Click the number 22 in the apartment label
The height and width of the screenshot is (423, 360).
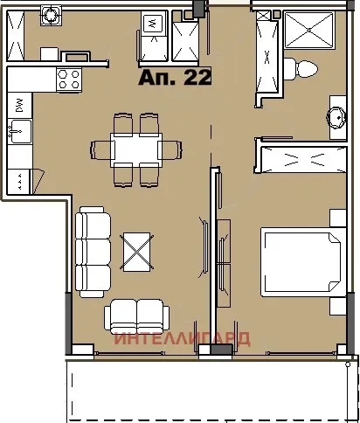(x=197, y=77)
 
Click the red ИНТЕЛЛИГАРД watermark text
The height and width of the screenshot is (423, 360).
(x=182, y=338)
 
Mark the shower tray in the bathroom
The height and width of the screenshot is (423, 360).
(x=309, y=30)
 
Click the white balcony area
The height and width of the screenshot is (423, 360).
(x=210, y=389)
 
